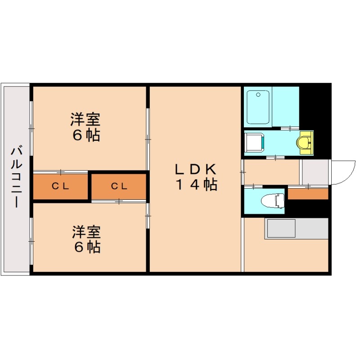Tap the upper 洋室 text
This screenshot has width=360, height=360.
[x=85, y=120]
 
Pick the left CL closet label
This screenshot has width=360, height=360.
[x=60, y=186]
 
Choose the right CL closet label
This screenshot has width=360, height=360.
[x=120, y=186]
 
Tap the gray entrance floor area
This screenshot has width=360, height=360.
[x=315, y=171]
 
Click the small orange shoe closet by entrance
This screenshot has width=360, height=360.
[x=308, y=194]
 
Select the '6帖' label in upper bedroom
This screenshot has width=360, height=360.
[x=86, y=135]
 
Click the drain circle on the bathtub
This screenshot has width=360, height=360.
[x=258, y=94]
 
